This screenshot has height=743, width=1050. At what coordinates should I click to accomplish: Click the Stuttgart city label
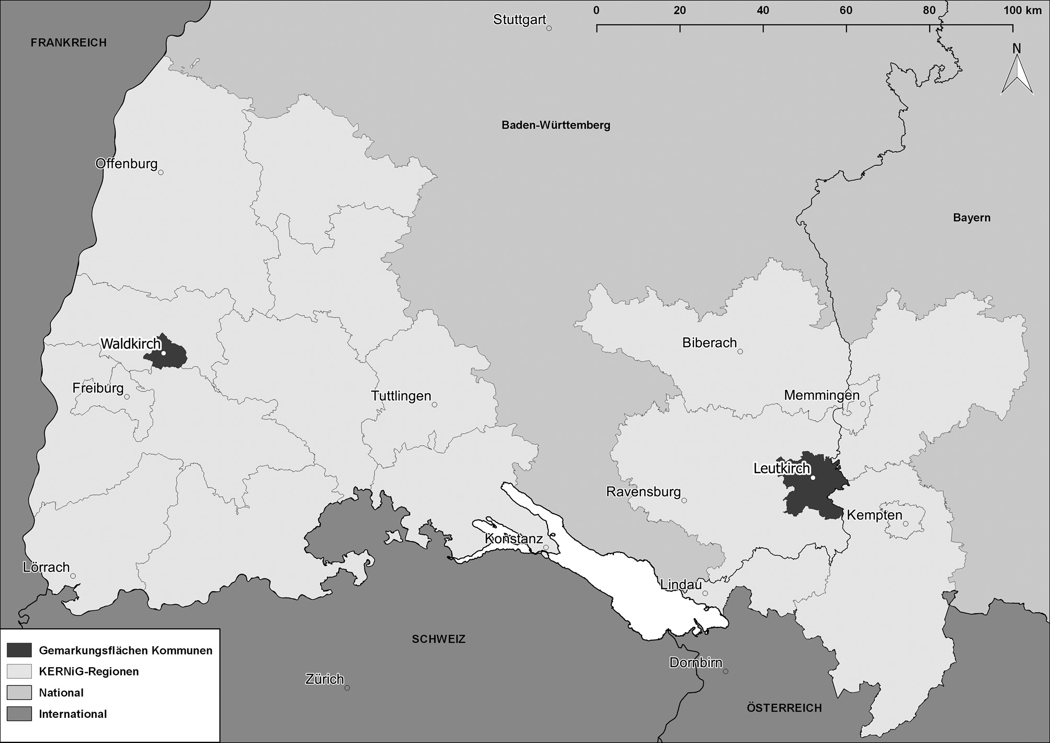click(x=519, y=20)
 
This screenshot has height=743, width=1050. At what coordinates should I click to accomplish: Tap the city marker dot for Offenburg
click(x=161, y=172)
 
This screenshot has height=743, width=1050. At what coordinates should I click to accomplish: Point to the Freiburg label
click(x=98, y=388)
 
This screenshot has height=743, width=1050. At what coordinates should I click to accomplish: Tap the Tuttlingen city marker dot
click(x=435, y=404)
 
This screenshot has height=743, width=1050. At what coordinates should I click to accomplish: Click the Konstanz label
click(x=513, y=538)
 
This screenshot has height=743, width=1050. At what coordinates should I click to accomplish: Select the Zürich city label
click(x=324, y=679)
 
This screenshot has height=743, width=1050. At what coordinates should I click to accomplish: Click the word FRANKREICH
click(x=69, y=43)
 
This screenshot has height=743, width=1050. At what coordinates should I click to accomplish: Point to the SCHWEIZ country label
click(x=438, y=639)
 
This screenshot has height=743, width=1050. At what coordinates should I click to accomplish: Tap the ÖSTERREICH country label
click(x=784, y=708)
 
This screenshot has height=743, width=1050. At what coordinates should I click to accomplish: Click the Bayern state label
click(x=972, y=218)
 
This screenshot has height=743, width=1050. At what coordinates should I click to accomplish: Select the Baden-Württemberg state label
click(x=556, y=126)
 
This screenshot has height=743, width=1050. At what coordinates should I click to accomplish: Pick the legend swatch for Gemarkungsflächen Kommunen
click(x=19, y=650)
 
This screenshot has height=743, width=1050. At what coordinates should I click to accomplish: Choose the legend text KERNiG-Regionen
click(x=89, y=671)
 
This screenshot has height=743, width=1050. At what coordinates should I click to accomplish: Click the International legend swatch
click(x=19, y=714)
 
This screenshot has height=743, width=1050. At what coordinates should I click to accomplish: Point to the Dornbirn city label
click(x=695, y=663)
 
